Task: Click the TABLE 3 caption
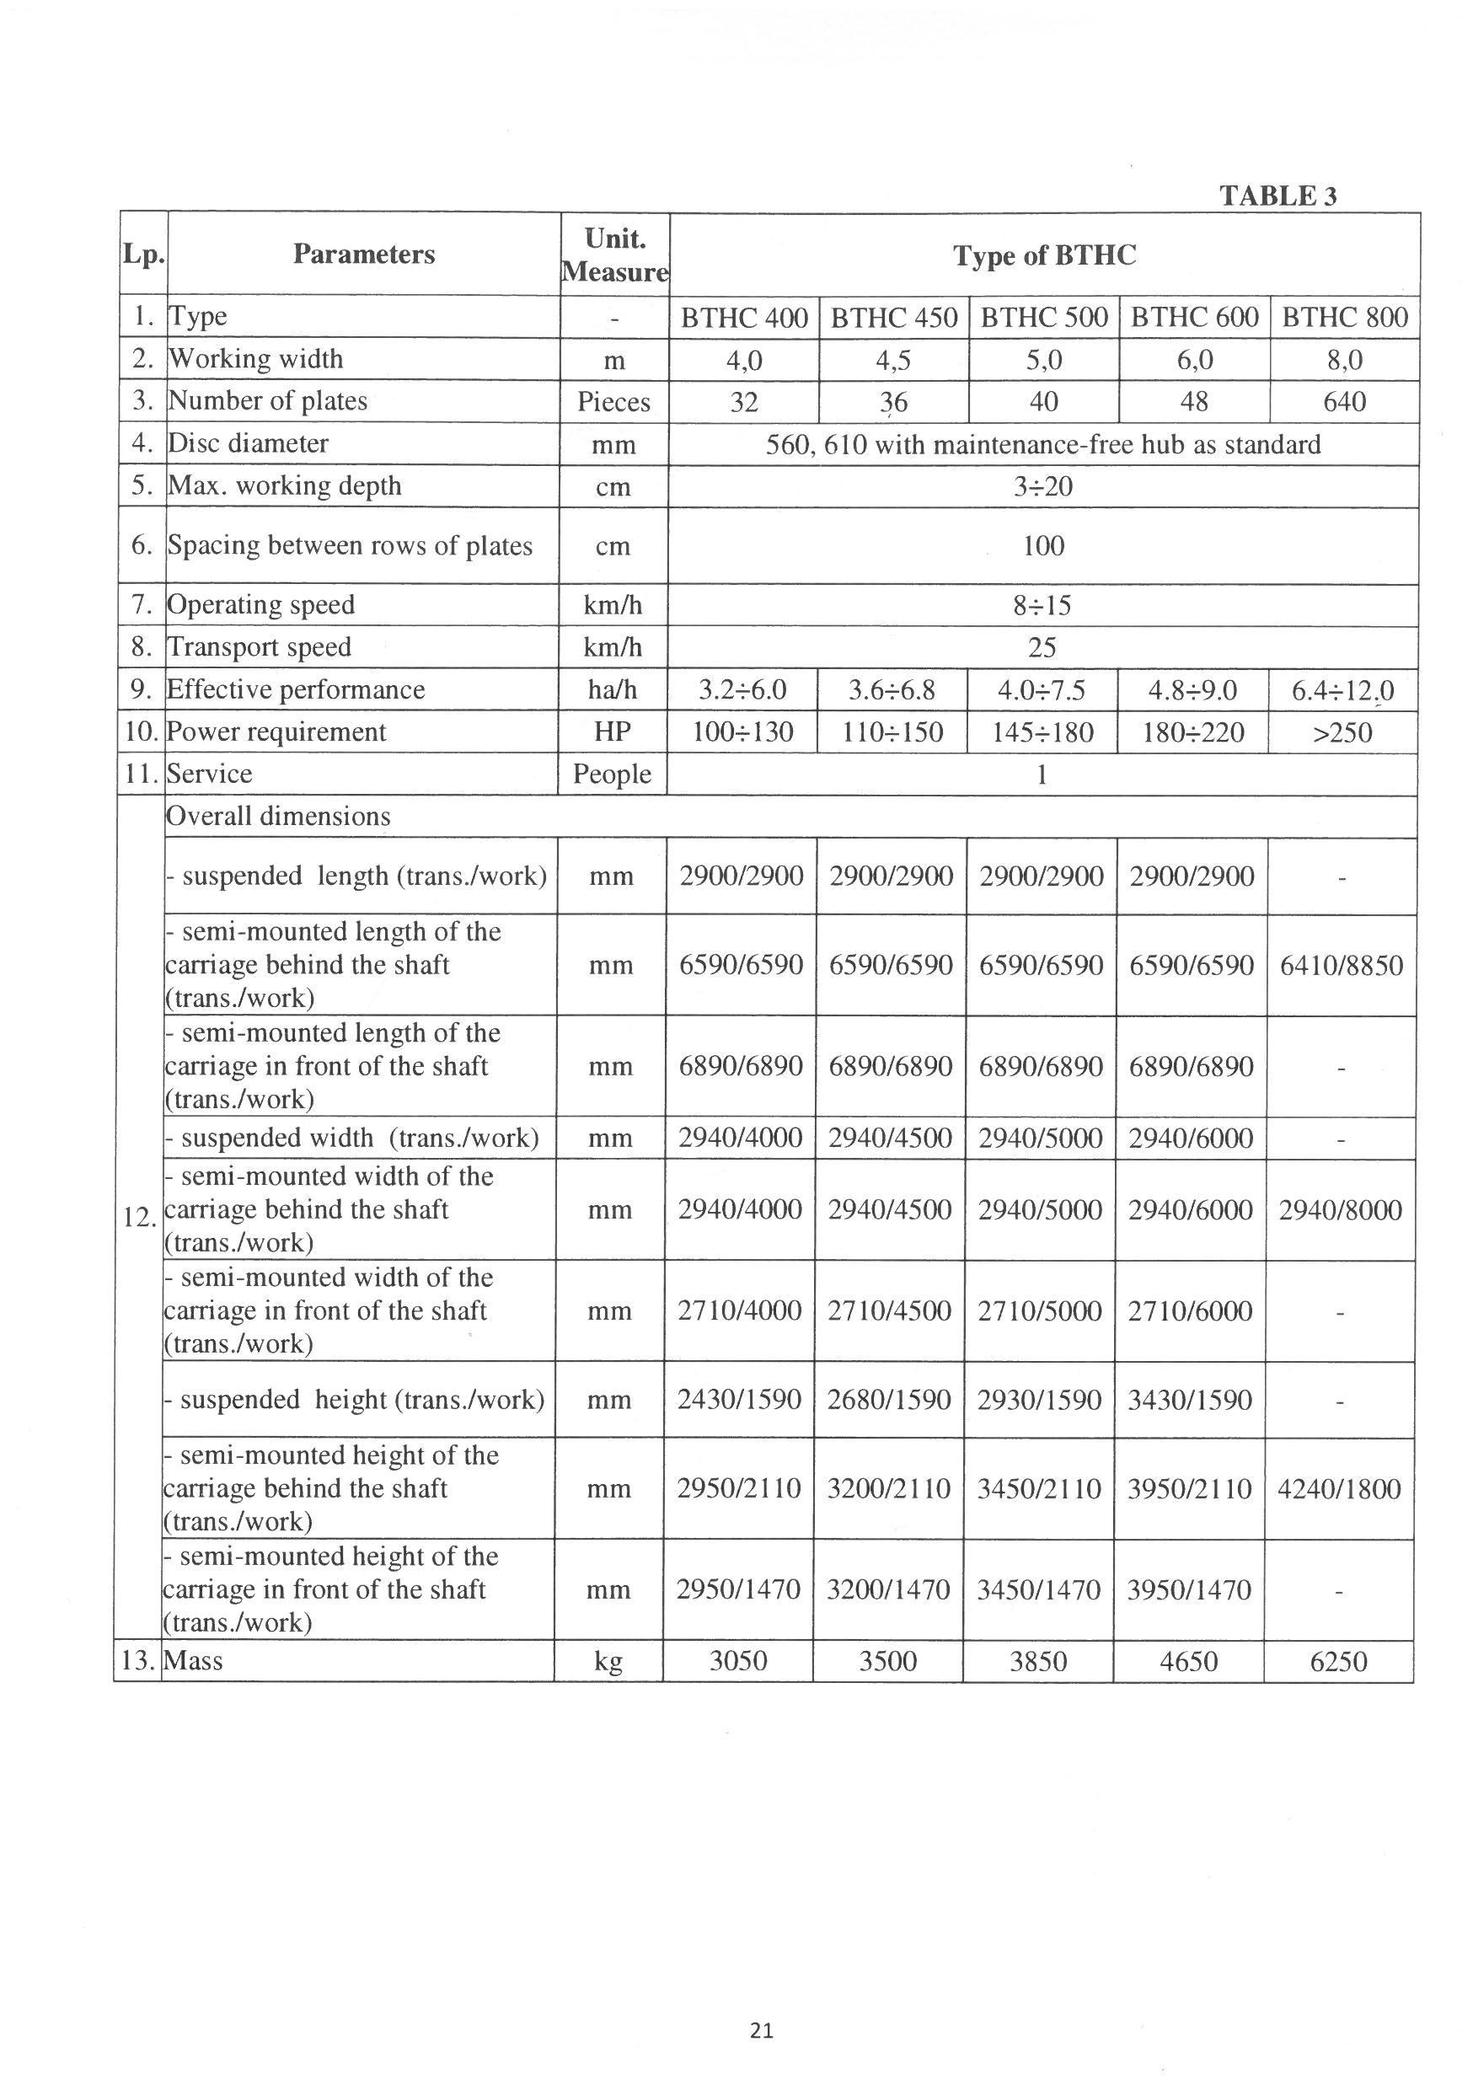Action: (x=1277, y=196)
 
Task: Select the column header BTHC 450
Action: (x=894, y=318)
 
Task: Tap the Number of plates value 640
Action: (x=1344, y=401)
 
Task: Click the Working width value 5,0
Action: (x=1043, y=361)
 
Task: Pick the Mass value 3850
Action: (x=1038, y=1661)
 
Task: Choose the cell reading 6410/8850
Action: (x=1341, y=965)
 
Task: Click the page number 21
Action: (x=762, y=2029)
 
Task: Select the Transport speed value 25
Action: (x=1042, y=647)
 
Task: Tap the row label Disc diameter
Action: (x=248, y=443)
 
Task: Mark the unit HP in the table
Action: (x=613, y=731)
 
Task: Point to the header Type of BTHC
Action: (x=1044, y=255)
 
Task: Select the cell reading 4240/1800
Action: (x=1338, y=1488)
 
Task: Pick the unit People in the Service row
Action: (x=612, y=774)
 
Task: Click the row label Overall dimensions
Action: (x=278, y=816)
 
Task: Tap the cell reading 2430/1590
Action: (x=738, y=1399)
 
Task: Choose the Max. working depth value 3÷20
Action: (x=1042, y=486)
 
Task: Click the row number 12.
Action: (x=138, y=1217)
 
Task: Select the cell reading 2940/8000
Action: (x=1340, y=1210)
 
